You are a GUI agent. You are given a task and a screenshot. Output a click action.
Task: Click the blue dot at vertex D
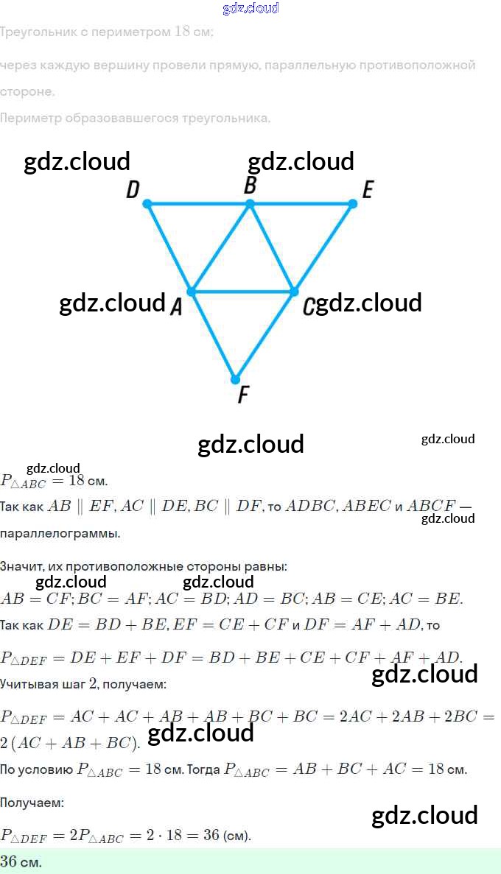[x=147, y=203]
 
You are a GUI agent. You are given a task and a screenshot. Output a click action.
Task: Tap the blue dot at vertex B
[x=250, y=203]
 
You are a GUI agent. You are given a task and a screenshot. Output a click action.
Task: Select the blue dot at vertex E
[x=352, y=203]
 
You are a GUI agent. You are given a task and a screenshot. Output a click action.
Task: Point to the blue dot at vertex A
[x=191, y=292]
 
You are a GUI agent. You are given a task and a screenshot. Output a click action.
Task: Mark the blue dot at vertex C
[x=294, y=292]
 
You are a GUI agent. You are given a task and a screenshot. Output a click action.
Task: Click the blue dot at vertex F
[x=235, y=380]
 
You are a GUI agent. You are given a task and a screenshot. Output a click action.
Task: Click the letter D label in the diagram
[x=133, y=190]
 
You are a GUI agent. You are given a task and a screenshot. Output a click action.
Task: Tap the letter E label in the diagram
[x=368, y=190]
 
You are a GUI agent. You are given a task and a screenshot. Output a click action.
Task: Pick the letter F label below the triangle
[x=243, y=395]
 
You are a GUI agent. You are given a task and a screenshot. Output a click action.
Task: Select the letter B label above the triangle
[x=251, y=186]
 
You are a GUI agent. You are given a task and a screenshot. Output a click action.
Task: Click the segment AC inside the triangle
[x=242, y=292]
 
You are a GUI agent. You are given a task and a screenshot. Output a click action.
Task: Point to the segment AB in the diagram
[x=220, y=247]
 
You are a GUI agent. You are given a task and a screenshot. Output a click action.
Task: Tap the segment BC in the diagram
[x=272, y=247]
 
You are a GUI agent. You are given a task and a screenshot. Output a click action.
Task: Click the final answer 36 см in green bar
[x=21, y=861]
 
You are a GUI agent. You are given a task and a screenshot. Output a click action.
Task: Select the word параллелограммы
[x=60, y=534]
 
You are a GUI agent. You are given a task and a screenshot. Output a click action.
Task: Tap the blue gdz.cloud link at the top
[x=251, y=8]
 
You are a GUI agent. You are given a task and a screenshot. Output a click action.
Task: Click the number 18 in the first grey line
[x=183, y=32]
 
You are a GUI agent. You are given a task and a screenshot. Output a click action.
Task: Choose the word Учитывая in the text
[x=29, y=684]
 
